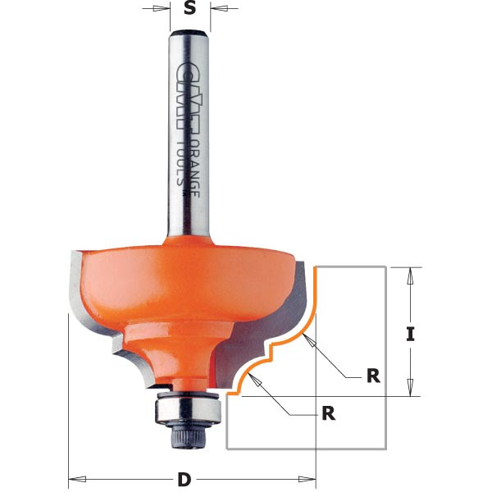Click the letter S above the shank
click(189, 9)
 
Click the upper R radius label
click(373, 376)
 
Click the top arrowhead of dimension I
click(412, 274)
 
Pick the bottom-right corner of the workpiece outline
click(385, 449)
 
